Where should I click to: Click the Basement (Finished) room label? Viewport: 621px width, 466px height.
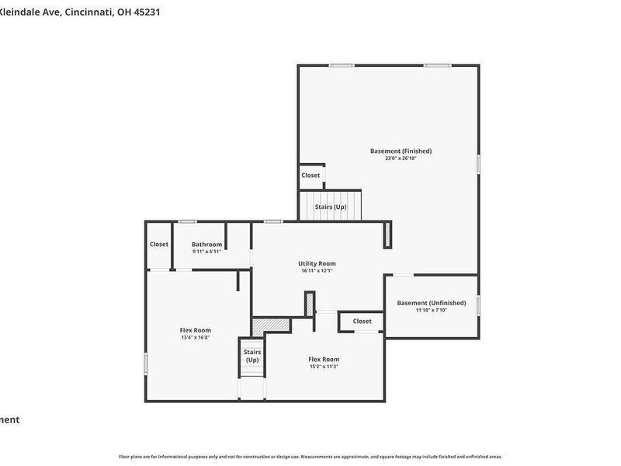point(401,151)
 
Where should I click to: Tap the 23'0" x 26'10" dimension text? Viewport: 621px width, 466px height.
point(401,158)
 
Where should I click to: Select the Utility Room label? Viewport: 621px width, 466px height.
point(317,263)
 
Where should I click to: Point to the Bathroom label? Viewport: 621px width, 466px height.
point(206,245)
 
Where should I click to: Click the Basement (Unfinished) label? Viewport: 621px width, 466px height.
point(432,303)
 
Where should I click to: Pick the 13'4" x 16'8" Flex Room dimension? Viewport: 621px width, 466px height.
point(195,338)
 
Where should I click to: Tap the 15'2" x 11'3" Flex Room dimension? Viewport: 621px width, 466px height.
point(324,367)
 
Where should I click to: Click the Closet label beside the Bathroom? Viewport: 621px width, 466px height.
point(159,245)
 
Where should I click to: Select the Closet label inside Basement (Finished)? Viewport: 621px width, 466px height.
point(310,176)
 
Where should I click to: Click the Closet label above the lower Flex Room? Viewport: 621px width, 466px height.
point(362,321)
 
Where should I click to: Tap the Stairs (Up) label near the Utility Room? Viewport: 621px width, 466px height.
point(330,207)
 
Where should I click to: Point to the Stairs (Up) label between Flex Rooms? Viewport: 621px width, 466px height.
point(252,356)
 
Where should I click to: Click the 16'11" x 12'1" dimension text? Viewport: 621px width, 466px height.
point(317,271)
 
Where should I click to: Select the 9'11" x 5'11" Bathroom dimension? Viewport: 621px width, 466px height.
point(206,252)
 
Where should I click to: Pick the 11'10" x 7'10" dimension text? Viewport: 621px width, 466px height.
point(432,311)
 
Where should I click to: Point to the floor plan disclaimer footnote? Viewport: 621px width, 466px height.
point(310,457)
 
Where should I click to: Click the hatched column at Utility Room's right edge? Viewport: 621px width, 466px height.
point(387,235)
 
